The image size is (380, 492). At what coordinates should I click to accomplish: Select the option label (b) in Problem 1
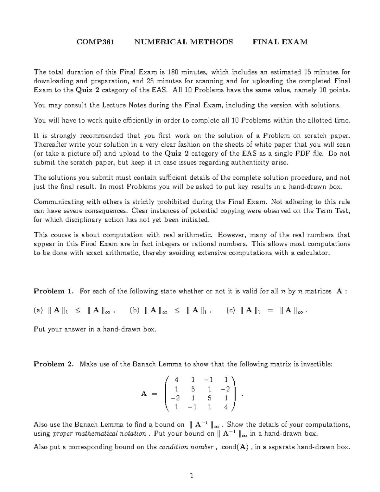click(135, 311)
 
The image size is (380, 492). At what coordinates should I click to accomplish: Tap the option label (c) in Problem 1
click(231, 311)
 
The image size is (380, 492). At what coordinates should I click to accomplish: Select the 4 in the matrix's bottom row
click(225, 407)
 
